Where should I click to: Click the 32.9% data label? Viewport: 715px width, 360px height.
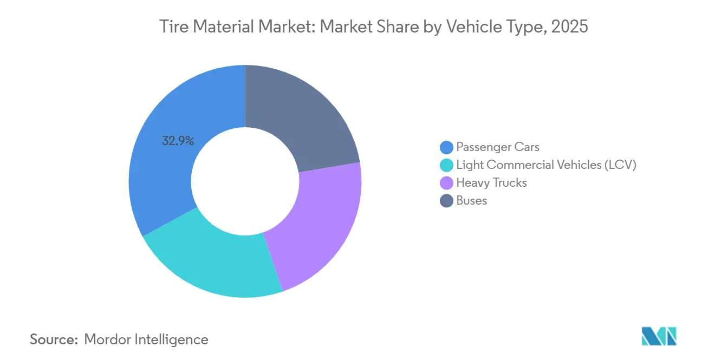[x=178, y=141]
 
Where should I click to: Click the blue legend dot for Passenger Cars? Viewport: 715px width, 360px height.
[x=447, y=147]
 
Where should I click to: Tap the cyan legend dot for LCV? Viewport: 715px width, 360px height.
[x=447, y=165]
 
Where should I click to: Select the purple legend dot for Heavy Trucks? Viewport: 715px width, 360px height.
[x=447, y=182]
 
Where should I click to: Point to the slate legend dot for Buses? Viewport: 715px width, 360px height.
[x=447, y=200]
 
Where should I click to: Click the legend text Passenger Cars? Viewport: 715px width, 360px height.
[x=498, y=147]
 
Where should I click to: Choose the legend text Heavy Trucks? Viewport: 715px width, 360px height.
[x=491, y=182]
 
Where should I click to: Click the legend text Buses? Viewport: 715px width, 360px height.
[x=472, y=200]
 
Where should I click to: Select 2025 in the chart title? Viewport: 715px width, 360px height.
[x=569, y=27]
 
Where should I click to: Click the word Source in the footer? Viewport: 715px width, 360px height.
[x=53, y=339]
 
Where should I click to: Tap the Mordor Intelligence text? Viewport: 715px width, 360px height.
[x=146, y=339]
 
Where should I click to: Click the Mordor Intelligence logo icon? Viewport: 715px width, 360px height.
[x=659, y=336]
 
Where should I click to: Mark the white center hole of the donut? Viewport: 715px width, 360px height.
[x=245, y=181]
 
